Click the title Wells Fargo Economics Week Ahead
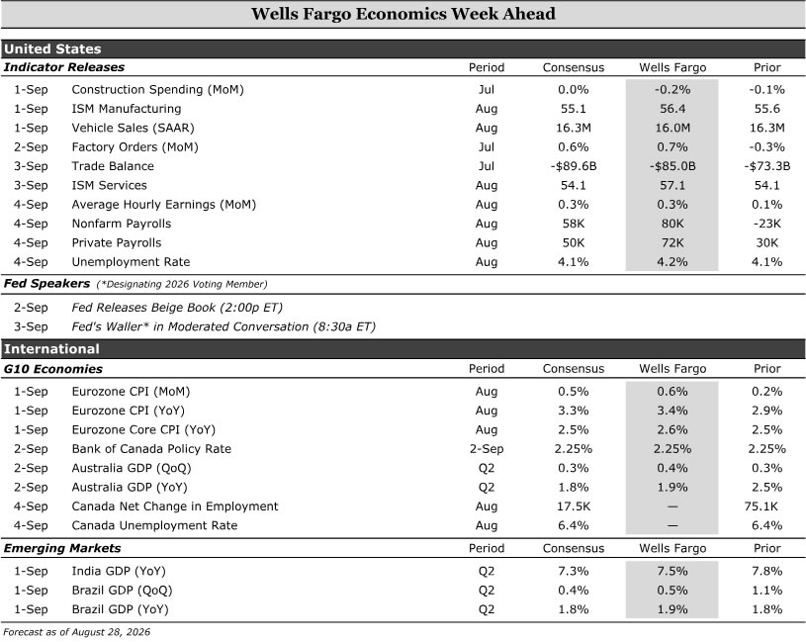click(403, 14)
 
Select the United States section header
click(52, 48)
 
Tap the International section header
click(51, 349)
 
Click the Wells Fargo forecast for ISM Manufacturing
click(672, 109)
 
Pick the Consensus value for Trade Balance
click(574, 166)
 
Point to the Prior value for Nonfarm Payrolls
click(766, 224)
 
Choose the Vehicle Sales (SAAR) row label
click(134, 128)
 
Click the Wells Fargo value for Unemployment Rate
click(672, 261)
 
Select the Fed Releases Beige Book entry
click(177, 308)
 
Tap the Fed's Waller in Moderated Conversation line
click(224, 326)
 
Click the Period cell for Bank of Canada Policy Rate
click(487, 449)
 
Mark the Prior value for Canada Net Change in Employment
click(761, 506)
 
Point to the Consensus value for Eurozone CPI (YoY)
click(574, 411)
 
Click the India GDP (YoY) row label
click(119, 571)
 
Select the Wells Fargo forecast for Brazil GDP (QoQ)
click(672, 591)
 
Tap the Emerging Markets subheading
click(62, 548)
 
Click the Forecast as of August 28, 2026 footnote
click(77, 632)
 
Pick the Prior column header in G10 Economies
click(766, 369)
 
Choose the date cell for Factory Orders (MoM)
click(31, 147)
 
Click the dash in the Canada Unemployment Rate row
click(672, 526)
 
